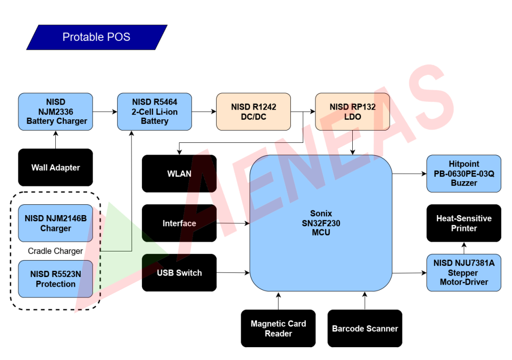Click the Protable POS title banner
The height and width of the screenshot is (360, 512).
[97, 37]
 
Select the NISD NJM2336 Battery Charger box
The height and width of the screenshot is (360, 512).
[56, 112]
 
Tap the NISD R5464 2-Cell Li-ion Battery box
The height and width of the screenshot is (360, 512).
[155, 112]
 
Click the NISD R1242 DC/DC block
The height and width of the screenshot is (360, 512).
[253, 112]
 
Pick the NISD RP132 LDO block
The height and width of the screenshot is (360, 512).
[352, 112]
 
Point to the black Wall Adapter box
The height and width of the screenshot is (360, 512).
[56, 167]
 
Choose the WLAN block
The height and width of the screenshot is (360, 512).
[179, 174]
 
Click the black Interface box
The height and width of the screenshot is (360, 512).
[179, 223]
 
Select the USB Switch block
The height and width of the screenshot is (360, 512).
[179, 273]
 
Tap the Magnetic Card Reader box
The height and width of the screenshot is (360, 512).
[278, 328]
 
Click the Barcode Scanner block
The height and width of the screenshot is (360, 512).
[365, 328]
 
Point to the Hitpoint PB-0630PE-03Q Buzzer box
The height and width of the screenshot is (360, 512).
[464, 174]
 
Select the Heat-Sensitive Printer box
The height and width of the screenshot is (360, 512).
[464, 223]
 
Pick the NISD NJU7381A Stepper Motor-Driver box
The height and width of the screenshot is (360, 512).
[464, 273]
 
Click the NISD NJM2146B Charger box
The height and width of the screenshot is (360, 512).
[56, 223]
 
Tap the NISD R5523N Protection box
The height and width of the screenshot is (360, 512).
[56, 279]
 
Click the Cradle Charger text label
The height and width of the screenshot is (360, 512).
[55, 251]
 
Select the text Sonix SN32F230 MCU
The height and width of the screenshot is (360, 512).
[321, 223]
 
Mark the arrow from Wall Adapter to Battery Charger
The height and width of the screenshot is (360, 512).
[56, 139]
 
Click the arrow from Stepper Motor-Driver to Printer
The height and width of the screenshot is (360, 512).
[464, 248]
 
